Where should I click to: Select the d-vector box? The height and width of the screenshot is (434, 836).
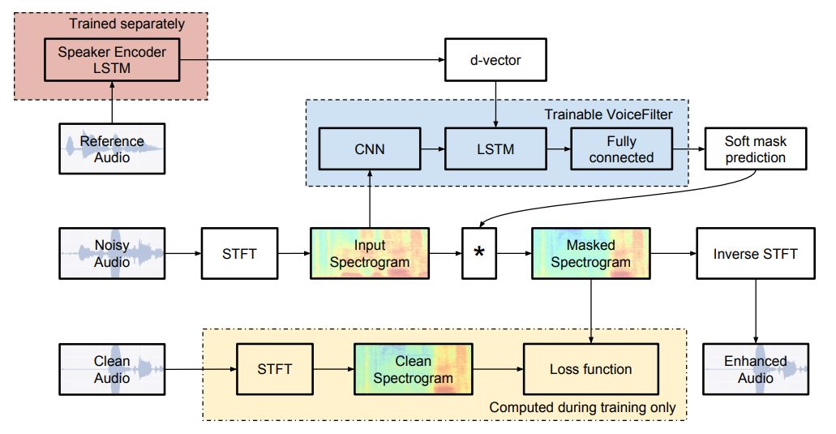(495, 59)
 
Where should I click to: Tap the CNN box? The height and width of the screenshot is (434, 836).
(369, 149)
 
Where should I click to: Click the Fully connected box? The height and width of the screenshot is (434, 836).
(621, 149)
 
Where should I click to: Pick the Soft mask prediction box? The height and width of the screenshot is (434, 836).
(756, 149)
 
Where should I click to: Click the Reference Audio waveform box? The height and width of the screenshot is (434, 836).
(112, 148)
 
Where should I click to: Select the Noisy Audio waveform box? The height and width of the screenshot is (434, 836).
(112, 253)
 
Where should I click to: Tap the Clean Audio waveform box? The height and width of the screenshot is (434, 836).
(112, 369)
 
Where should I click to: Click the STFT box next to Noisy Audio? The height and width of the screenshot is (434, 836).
(239, 253)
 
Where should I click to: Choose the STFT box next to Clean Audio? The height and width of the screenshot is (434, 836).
(275, 369)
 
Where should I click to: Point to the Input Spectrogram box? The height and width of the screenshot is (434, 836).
(369, 253)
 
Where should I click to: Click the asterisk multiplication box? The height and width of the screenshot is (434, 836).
(478, 253)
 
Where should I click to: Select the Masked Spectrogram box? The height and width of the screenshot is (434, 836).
(591, 253)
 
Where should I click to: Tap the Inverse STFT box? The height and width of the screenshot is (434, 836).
(756, 253)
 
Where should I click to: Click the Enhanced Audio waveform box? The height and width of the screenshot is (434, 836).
(756, 369)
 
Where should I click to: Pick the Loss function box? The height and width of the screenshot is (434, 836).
(590, 369)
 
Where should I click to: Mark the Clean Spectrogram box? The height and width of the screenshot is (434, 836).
(413, 369)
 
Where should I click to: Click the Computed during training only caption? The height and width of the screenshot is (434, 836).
(582, 407)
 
